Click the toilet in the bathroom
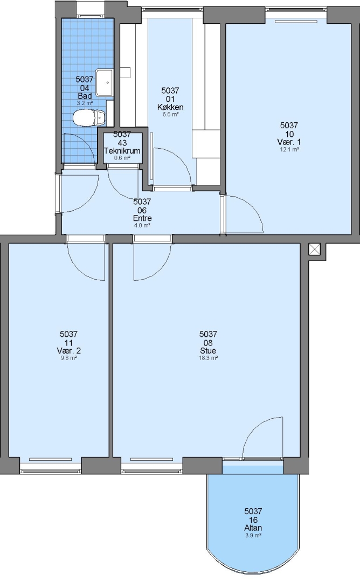click(89, 118)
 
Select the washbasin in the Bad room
click(105, 82)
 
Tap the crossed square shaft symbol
click(314, 250)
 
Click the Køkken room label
click(170, 107)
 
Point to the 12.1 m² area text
click(289, 150)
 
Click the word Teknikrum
click(122, 151)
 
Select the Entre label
click(142, 218)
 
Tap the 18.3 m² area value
click(208, 358)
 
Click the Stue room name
click(208, 351)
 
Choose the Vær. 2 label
click(68, 351)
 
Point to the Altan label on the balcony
click(253, 528)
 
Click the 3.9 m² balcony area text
click(253, 536)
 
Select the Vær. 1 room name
click(289, 142)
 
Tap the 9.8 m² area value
click(68, 358)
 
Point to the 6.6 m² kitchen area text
click(170, 115)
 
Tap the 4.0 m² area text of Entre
click(142, 226)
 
